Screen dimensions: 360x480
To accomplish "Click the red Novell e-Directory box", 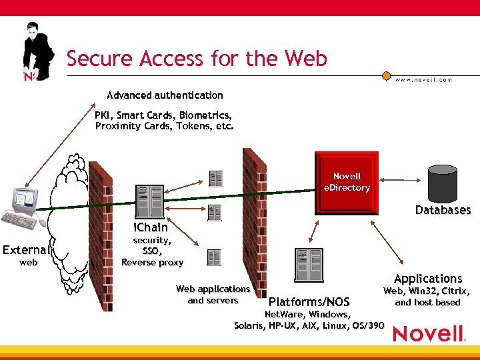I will (x=347, y=182).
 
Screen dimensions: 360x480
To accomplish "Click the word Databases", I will (x=443, y=210).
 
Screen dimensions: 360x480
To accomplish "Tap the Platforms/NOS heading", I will (x=309, y=302).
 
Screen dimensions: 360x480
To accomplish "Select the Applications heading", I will (x=427, y=278).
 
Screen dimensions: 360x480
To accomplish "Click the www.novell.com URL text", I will (x=423, y=79).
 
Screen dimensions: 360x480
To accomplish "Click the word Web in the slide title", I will (x=306, y=59).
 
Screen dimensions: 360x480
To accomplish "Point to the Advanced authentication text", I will (x=165, y=95).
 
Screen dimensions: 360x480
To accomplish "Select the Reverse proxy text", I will (x=152, y=262).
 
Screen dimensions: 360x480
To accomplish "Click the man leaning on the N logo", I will (x=37, y=50).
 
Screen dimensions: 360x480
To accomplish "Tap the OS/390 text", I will (x=367, y=325).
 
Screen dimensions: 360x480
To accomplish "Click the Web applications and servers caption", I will (x=213, y=295).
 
